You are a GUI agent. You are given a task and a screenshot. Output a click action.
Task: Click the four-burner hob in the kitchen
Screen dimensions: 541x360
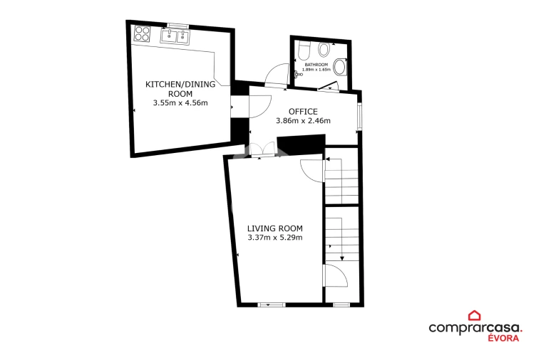point(142,33)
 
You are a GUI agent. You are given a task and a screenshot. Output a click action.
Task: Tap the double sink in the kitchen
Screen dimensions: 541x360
point(175,36)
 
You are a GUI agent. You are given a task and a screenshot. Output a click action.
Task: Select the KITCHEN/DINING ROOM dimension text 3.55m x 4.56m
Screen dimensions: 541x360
point(180,102)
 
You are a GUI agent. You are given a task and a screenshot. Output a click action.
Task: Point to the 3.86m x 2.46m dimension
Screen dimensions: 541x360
point(303,120)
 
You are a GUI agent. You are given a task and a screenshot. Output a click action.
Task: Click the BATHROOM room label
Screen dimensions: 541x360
point(316,65)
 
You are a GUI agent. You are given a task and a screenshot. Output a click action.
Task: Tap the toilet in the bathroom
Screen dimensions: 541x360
point(304,51)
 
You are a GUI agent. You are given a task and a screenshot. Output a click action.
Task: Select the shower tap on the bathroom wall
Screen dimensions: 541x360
point(298,74)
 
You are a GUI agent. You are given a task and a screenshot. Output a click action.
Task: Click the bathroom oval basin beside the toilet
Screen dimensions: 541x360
point(324,50)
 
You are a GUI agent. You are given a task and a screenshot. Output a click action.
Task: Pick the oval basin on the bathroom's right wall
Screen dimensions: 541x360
point(340,67)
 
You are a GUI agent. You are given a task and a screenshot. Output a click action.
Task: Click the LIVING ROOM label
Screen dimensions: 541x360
point(275,228)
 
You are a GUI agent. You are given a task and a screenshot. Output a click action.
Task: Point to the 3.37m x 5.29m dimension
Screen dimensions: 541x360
point(275,238)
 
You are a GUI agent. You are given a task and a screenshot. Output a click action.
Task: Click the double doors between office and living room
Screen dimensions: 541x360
point(263,150)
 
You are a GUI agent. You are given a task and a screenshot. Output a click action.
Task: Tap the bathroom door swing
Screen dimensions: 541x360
point(277,74)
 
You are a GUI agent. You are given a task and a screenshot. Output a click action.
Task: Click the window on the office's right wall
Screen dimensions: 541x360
point(359,116)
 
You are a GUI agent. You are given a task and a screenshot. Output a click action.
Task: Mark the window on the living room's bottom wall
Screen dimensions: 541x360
point(272,305)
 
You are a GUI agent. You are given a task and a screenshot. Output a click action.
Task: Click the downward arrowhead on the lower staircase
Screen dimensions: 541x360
point(342,258)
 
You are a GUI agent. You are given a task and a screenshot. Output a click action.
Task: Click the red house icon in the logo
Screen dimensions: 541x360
point(474,315)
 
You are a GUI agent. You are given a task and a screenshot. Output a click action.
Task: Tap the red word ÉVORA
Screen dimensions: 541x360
point(503,338)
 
